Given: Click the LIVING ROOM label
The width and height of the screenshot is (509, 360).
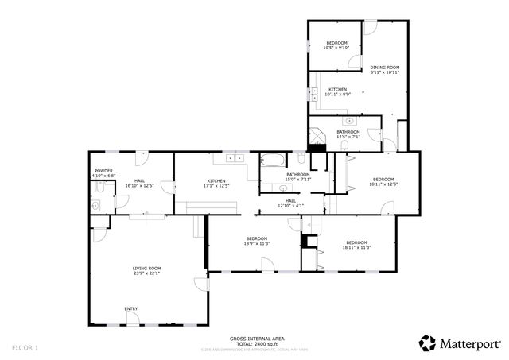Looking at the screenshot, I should pos(146,269).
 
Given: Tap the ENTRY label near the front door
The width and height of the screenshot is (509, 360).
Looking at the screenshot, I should pos(130,308).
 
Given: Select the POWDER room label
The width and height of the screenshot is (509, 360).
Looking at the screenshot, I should pos(103,171).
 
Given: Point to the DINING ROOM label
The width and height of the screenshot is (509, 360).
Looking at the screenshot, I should pos(384,68).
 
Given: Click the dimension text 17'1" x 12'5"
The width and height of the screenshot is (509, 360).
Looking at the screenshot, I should pos(216,186).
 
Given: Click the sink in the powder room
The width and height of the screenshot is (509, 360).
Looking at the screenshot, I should pos(95,205).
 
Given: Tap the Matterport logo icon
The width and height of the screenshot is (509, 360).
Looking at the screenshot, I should pos(428,343).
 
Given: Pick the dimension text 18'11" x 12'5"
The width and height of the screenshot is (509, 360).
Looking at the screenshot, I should pos(383,184).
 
